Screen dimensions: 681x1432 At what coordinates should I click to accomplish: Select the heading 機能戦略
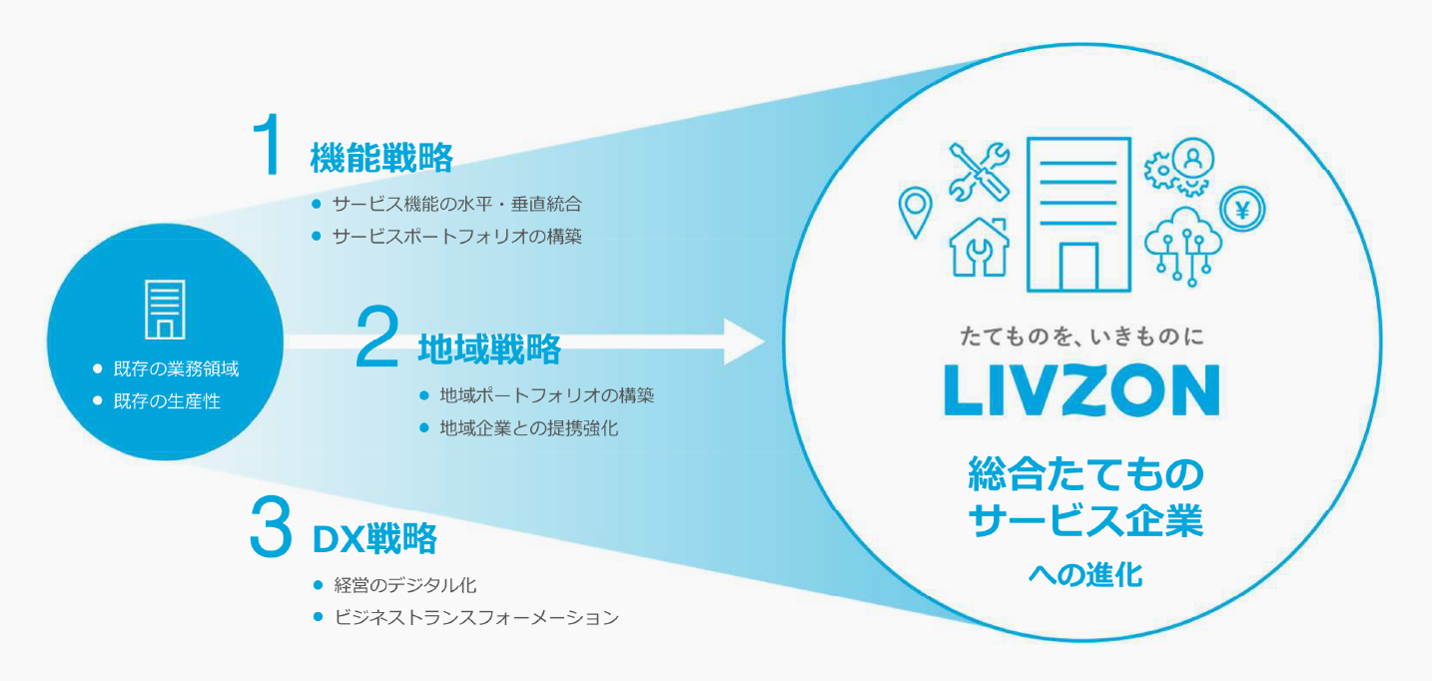click(x=381, y=158)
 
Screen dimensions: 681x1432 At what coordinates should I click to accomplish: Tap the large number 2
click(x=377, y=339)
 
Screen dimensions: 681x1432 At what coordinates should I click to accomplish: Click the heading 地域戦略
click(x=489, y=349)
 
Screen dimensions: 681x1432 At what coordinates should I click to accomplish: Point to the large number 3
click(x=270, y=529)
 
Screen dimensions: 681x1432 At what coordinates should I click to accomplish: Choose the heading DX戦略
click(x=374, y=539)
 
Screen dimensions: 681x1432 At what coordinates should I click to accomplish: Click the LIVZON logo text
click(x=1081, y=390)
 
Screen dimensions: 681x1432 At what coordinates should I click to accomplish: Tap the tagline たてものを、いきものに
click(x=1081, y=337)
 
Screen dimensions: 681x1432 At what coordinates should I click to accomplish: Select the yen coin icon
click(x=1242, y=210)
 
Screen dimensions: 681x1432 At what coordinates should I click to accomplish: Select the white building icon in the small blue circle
click(x=166, y=310)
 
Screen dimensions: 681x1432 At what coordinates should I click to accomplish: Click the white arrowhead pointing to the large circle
click(x=744, y=342)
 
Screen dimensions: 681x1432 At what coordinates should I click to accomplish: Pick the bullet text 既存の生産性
click(x=167, y=401)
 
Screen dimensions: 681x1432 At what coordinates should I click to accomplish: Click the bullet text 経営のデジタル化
click(x=411, y=585)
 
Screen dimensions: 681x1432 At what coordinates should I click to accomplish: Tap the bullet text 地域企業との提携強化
click(x=529, y=428)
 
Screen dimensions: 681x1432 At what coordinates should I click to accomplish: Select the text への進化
click(x=1084, y=575)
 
